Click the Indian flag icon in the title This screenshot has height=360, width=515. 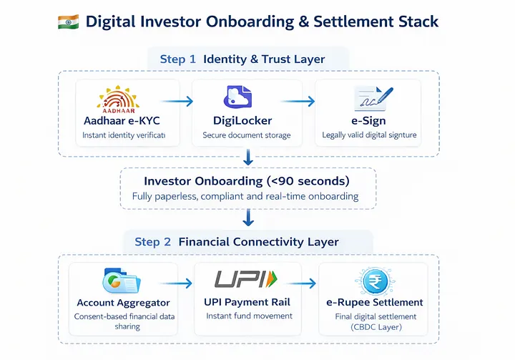pos(67,21)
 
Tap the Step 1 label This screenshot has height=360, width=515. pos(172,59)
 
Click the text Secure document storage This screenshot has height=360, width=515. pos(246,135)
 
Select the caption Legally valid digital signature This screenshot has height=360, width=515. pos(369,135)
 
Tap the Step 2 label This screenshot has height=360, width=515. pos(153,242)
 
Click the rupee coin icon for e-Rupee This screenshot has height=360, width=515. pos(373,281)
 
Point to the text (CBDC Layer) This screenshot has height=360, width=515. pos(372,327)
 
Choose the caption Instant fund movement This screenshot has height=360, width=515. pos(249,316)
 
